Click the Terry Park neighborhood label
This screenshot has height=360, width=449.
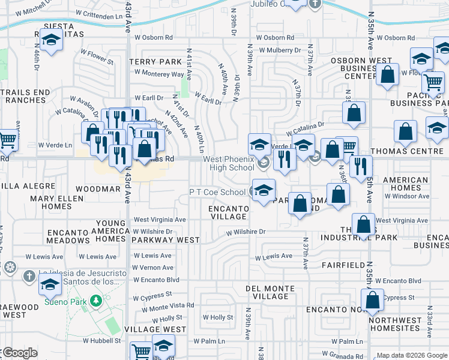coord(155,62)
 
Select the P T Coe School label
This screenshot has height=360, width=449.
coord(217,192)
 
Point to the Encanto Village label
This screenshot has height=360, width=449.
coord(228,212)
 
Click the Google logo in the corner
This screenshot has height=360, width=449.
coord(19,353)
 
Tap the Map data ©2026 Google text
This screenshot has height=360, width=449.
coord(411,355)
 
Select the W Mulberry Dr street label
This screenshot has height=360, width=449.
coord(279,50)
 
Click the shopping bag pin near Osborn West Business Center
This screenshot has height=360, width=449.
coord(388,74)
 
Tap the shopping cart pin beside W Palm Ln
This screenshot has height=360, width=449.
coord(140,350)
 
